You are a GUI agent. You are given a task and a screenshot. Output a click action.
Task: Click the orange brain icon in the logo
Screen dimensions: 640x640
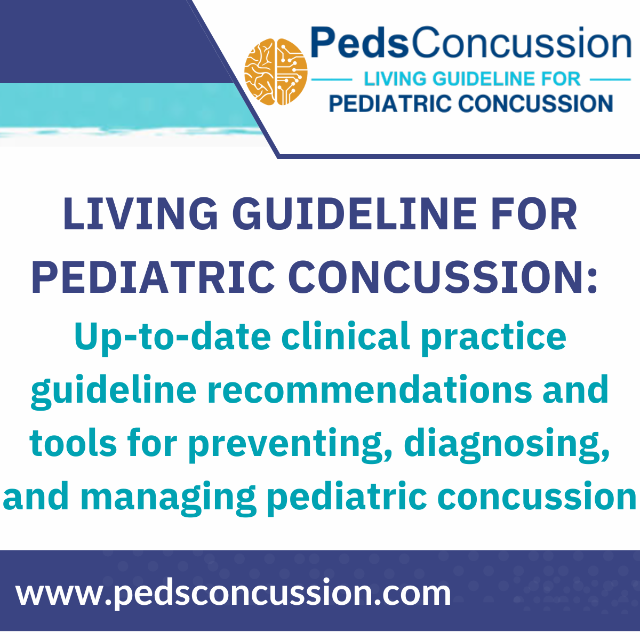pyautogui.click(x=276, y=72)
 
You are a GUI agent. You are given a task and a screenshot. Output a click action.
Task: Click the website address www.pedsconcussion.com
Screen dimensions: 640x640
pyautogui.click(x=234, y=593)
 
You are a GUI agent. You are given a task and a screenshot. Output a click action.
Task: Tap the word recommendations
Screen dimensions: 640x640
pyautogui.click(x=370, y=389)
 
